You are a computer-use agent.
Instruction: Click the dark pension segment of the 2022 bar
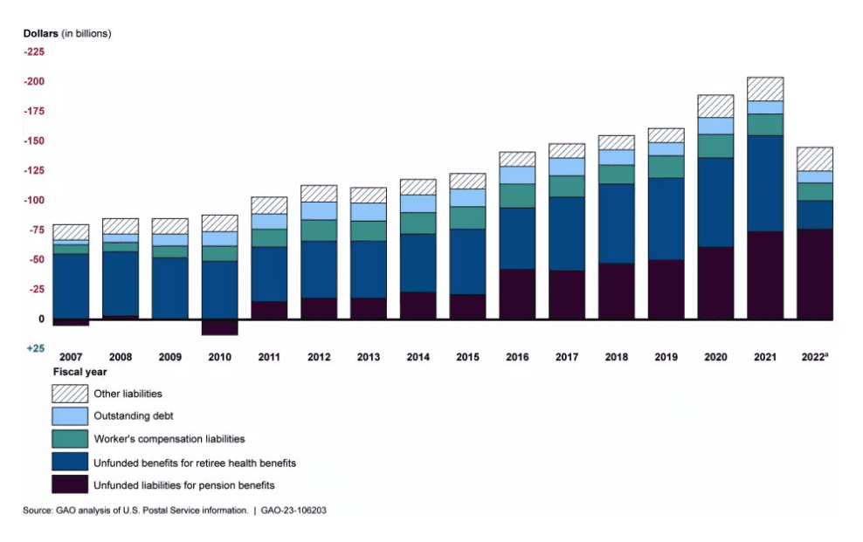(814, 274)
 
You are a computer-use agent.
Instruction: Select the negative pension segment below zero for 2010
(219, 327)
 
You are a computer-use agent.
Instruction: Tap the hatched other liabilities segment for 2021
(765, 89)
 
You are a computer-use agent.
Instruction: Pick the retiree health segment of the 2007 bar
(71, 285)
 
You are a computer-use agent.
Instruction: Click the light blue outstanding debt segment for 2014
(418, 203)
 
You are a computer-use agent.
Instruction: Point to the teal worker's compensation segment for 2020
(715, 146)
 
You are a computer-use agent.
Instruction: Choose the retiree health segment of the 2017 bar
(567, 233)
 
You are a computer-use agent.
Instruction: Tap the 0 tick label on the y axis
(40, 319)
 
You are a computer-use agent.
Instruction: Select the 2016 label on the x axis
(517, 357)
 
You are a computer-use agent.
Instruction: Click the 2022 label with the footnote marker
(814, 357)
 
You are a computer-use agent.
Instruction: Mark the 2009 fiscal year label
(169, 357)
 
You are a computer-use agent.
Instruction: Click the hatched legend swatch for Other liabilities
(70, 394)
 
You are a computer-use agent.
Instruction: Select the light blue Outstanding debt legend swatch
(70, 416)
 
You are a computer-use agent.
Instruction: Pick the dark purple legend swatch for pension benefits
(70, 484)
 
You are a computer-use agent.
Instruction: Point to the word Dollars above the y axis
(41, 34)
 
